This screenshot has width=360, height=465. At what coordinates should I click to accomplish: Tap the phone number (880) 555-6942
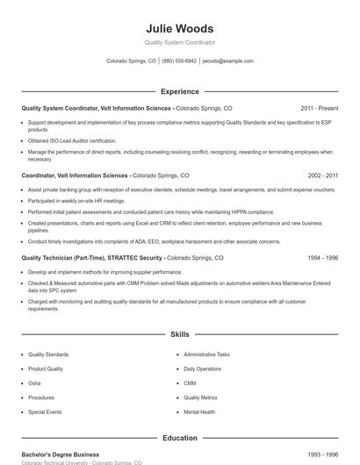[179, 61]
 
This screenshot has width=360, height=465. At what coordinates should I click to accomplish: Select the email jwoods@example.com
[227, 61]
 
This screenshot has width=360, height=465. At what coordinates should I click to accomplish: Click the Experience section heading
[179, 91]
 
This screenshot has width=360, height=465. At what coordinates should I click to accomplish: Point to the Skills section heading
[179, 334]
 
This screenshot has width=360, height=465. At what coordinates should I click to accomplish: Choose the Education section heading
[179, 438]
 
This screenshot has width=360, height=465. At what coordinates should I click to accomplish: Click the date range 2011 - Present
[319, 108]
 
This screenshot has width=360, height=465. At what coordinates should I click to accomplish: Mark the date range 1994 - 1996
[322, 259]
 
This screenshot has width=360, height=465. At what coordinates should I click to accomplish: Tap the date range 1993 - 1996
[322, 454]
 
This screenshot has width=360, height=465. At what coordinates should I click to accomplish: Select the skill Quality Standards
[47, 354]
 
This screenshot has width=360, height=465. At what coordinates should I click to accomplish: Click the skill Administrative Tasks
[206, 354]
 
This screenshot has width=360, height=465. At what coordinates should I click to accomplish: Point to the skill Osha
[34, 383]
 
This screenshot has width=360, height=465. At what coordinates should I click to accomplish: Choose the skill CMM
[190, 383]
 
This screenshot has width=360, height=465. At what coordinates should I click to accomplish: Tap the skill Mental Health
[199, 411]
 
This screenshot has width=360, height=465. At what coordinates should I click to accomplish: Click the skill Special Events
[44, 411]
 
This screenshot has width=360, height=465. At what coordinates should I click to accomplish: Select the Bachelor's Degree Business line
[61, 454]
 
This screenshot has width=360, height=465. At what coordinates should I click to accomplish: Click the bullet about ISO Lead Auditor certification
[72, 139]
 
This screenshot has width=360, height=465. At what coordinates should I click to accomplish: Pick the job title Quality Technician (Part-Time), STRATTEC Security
[92, 259]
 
